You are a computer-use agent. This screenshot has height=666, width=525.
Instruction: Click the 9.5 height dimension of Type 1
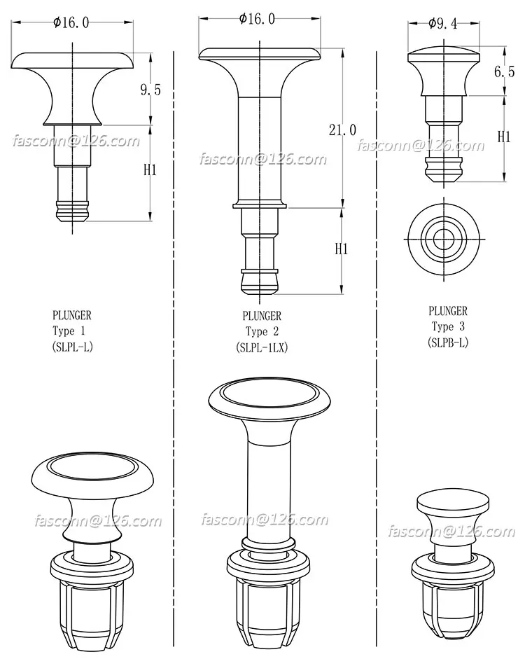(x=150, y=90)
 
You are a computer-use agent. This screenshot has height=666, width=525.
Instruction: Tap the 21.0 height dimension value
(x=342, y=130)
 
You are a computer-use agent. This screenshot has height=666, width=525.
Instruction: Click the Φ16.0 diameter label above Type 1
(x=71, y=22)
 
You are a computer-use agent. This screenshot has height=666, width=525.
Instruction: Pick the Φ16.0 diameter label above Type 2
(x=258, y=20)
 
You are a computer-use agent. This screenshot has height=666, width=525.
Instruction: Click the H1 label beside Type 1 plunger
(x=150, y=169)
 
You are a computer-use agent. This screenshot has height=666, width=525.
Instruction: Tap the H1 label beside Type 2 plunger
(x=341, y=249)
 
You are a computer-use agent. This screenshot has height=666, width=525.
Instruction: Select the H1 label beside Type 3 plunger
(x=503, y=137)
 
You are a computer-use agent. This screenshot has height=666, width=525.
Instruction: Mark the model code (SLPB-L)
(x=448, y=342)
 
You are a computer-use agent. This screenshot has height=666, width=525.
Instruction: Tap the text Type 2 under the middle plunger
(x=262, y=332)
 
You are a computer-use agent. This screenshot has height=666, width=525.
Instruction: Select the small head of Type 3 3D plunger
(x=451, y=503)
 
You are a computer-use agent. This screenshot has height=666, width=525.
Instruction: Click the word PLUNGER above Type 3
(x=447, y=311)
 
